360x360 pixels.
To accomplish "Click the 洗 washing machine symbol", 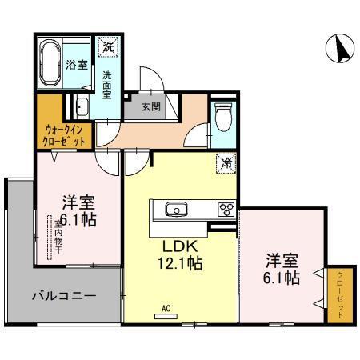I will point(107,46).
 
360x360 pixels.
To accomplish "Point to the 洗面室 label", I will point(107,85).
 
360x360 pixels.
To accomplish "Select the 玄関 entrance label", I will point(151,106).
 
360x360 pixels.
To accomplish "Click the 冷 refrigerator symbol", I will point(226,162).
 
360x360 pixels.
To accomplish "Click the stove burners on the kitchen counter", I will point(225,210).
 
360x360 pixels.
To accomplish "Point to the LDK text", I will point(180,245).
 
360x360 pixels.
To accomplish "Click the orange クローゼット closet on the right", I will point(337,296).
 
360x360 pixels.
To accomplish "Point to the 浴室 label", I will point(77,65).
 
